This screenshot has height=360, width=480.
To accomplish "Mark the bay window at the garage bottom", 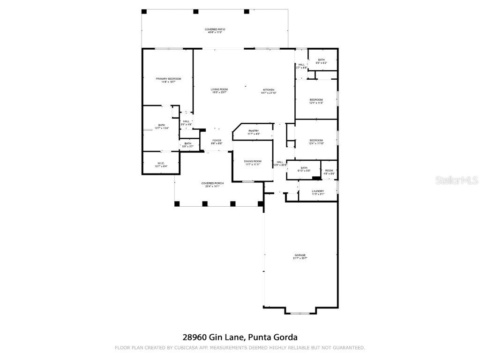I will click(300, 313).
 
